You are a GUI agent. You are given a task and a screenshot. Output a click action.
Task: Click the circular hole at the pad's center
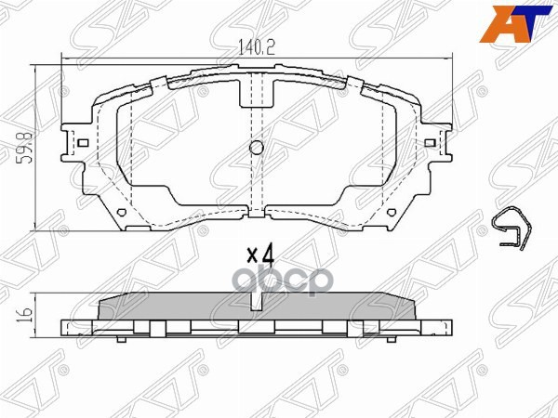point(258,147)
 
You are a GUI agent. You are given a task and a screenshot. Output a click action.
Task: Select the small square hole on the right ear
point(429,144)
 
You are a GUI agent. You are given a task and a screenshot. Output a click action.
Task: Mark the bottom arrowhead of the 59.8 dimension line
point(35,226)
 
